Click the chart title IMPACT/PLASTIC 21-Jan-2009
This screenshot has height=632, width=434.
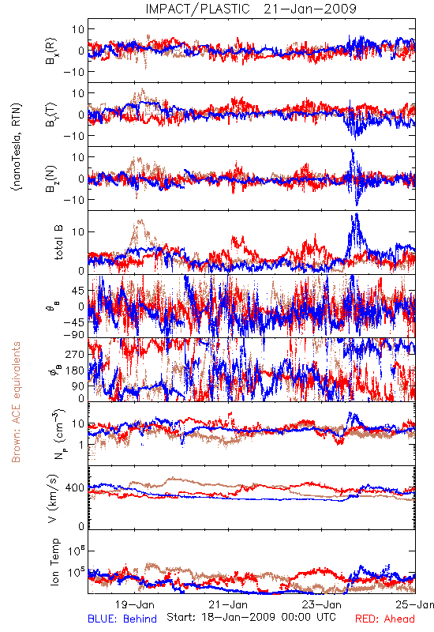click(251, 9)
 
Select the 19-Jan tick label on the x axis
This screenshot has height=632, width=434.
click(134, 604)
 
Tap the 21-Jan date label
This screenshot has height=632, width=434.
click(228, 604)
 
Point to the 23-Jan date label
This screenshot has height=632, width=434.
click(322, 604)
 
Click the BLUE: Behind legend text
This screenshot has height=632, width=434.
click(122, 619)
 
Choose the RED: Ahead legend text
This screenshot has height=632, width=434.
click(384, 619)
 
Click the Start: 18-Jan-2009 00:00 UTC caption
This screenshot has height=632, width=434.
click(251, 617)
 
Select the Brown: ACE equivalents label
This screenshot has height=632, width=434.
click(16, 402)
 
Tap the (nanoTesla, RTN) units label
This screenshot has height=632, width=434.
click(17, 146)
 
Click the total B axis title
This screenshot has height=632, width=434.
click(58, 243)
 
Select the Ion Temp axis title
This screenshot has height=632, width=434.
click(54, 562)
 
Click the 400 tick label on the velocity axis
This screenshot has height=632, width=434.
click(74, 487)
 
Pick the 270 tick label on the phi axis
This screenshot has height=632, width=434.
click(75, 354)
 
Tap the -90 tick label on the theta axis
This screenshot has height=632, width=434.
click(73, 334)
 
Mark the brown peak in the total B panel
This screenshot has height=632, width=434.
click(140, 220)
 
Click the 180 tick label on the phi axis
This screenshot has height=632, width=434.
click(75, 371)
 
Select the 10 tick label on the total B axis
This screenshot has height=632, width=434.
click(78, 232)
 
